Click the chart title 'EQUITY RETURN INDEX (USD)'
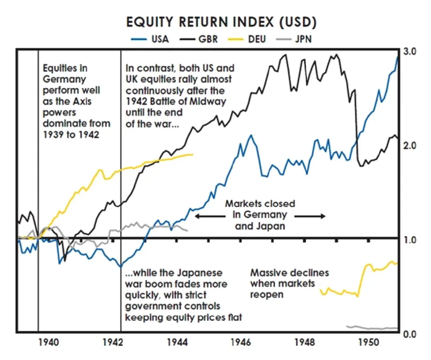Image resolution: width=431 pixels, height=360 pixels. [221, 23]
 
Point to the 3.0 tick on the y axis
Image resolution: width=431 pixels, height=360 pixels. [409, 52]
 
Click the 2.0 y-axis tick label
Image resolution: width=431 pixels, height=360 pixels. [409, 146]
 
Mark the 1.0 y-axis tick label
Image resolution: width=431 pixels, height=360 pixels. [409, 240]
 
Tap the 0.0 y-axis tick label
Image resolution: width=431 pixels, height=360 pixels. [409, 335]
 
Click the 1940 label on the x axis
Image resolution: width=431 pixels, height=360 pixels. [48, 343]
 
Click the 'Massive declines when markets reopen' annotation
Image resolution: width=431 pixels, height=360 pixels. [289, 283]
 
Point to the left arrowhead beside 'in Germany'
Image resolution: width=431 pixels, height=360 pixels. [198, 216]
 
